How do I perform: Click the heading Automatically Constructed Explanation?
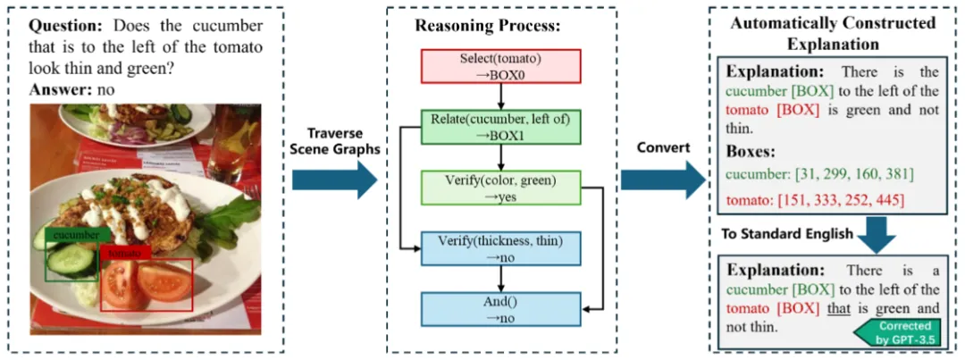click(x=833, y=33)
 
